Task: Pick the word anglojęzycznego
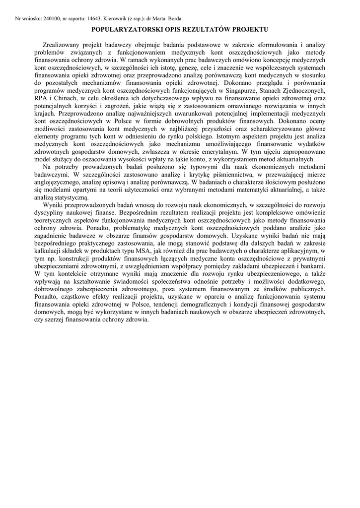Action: (59, 183)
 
